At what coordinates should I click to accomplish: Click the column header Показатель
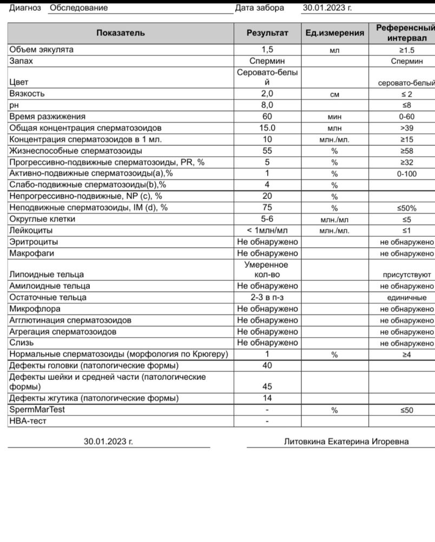[x=120, y=33]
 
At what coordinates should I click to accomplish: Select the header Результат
[x=267, y=33]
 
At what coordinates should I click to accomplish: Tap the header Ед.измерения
[x=334, y=33]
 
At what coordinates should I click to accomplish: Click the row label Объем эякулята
[x=41, y=50]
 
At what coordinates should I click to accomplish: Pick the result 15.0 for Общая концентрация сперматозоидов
[x=267, y=128]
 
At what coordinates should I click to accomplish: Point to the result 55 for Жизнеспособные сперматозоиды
[x=267, y=151]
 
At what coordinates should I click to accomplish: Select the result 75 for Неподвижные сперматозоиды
[x=267, y=208]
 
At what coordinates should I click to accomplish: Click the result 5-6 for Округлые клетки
[x=267, y=219]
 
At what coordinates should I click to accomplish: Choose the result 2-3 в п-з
[x=267, y=298]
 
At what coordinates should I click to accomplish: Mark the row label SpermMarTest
[x=37, y=410]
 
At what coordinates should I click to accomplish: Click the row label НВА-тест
[x=28, y=421]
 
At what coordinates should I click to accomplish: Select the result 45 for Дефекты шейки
[x=267, y=386]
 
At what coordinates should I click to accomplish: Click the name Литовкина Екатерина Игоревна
[x=346, y=441]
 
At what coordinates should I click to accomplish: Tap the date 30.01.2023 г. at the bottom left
[x=108, y=441]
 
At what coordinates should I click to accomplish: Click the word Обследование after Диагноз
[x=78, y=8]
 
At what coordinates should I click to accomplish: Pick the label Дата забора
[x=259, y=8]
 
